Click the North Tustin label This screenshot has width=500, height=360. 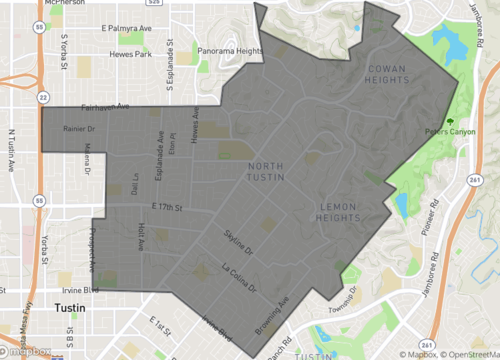267,171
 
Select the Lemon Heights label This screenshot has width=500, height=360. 342,214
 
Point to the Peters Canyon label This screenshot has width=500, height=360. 447,130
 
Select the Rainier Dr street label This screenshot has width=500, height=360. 78,128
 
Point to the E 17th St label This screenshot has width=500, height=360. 169,206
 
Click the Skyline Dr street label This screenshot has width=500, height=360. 239,241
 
